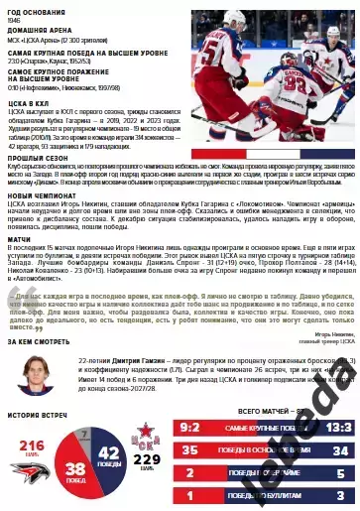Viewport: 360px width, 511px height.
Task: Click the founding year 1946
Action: (13, 19)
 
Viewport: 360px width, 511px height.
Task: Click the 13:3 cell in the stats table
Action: (336, 427)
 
